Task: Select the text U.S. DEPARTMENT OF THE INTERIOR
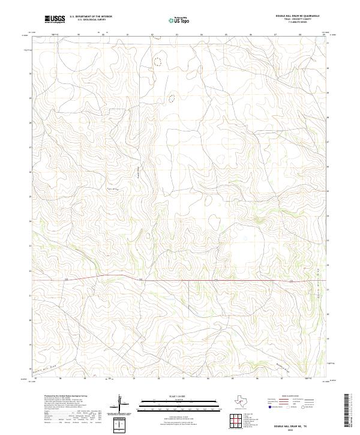(x=91, y=16)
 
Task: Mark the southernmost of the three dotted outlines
(x=172, y=98)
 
